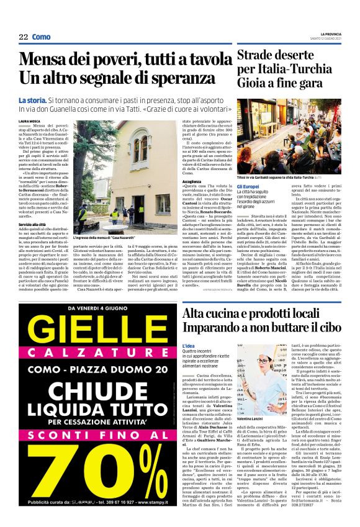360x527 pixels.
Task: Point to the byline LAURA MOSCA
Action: [30, 122]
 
